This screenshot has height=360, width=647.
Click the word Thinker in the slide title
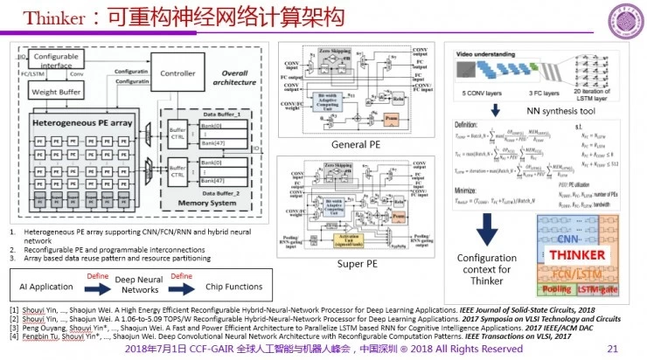(x=42, y=17)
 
